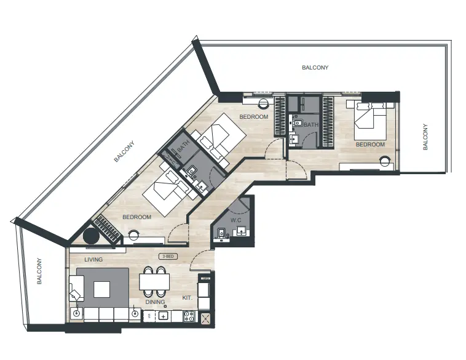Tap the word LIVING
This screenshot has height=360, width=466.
[x=93, y=260]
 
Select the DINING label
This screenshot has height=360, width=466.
[x=155, y=302]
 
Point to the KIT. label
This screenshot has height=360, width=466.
[x=188, y=298]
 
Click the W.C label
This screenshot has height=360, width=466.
[x=235, y=220]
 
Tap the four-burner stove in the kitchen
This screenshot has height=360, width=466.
[x=190, y=316]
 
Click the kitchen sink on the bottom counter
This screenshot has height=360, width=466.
[x=164, y=316]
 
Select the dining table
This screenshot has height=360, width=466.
[x=154, y=282]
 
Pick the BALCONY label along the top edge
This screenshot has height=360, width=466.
[x=315, y=68]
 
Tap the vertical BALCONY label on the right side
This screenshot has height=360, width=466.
[x=425, y=137]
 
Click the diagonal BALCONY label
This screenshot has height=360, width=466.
[x=124, y=152]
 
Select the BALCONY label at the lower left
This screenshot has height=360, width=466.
[x=39, y=271]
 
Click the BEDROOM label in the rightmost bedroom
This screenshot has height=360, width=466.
[x=370, y=145]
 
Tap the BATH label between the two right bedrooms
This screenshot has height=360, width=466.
[x=310, y=125]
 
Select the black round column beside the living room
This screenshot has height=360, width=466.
[x=92, y=236]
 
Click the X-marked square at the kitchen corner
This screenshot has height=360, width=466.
[x=205, y=318]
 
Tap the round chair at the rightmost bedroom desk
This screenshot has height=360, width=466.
[x=385, y=162]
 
